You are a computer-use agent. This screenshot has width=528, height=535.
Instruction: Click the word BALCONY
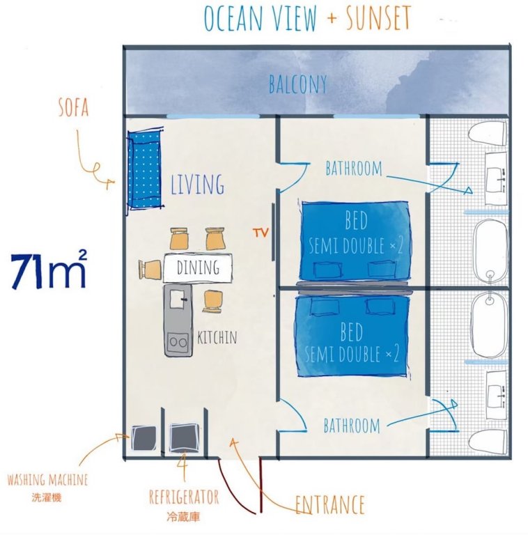(x=297, y=84)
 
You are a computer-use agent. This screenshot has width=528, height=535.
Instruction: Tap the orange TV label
(x=261, y=233)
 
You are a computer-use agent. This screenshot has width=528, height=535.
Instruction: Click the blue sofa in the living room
(x=145, y=169)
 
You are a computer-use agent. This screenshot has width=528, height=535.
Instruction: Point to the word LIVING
(x=198, y=184)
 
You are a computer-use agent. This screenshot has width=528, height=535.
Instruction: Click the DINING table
(x=198, y=267)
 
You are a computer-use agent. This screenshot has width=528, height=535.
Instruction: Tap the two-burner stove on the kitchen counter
(x=178, y=342)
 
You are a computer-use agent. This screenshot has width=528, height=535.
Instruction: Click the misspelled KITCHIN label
(x=217, y=337)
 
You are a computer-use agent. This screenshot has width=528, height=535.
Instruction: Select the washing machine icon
(x=143, y=437)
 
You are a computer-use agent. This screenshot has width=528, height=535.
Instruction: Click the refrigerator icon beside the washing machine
(x=183, y=437)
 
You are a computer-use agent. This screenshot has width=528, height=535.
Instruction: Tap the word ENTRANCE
(x=329, y=504)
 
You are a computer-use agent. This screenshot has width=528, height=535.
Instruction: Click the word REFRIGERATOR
(x=184, y=497)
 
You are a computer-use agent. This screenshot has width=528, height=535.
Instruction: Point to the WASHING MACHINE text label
(x=48, y=480)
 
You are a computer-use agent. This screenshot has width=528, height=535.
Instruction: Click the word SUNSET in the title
(x=378, y=17)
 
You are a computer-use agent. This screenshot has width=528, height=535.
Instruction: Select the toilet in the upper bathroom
(x=487, y=134)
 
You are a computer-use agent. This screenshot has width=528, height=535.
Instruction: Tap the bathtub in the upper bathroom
(x=490, y=251)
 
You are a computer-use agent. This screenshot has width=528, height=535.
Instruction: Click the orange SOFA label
(x=74, y=108)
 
